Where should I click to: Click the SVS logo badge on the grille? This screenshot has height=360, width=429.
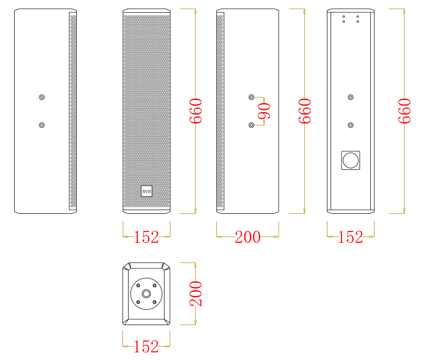click(x=146, y=191)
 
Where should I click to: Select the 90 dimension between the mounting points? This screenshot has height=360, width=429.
click(x=264, y=111)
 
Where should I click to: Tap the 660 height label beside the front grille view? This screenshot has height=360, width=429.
click(x=196, y=111)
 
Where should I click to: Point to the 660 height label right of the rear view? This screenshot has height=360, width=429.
click(x=404, y=111)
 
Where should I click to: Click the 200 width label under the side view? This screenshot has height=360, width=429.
click(x=248, y=237)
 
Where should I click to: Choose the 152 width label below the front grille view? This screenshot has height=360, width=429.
click(x=146, y=237)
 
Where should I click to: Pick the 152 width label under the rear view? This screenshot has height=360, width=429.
click(x=351, y=237)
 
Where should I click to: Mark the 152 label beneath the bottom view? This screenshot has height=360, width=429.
click(x=146, y=347)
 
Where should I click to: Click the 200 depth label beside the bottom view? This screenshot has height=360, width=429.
click(x=196, y=294)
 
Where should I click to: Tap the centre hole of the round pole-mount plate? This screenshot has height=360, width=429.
click(x=146, y=294)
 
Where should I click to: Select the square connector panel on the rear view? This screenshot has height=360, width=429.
click(x=351, y=161)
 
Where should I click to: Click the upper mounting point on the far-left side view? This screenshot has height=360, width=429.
click(x=41, y=97)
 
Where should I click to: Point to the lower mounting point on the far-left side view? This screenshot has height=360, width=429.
click(x=41, y=125)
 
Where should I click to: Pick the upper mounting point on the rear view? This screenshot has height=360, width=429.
click(x=351, y=97)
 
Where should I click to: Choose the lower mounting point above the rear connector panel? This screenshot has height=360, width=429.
click(x=351, y=125)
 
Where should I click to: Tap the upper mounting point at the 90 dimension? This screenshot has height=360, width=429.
click(x=251, y=97)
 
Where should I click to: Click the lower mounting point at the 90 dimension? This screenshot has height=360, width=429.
click(x=251, y=125)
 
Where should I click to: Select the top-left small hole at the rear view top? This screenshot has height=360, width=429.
click(x=344, y=17)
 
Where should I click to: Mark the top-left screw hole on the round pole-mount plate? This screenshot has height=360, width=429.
click(x=138, y=286)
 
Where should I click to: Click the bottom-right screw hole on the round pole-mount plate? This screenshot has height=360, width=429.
click(x=155, y=302)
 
